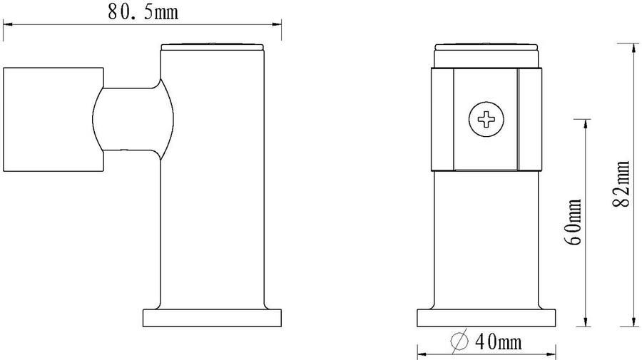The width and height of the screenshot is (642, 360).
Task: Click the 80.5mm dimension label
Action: click(x=143, y=12)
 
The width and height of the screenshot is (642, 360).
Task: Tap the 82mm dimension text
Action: click(x=622, y=184)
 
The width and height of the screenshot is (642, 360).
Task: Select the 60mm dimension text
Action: click(x=574, y=222)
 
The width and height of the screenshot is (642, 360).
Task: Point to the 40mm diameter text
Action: click(x=499, y=341)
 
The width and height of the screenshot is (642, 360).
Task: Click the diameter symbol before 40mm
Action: click(x=459, y=341)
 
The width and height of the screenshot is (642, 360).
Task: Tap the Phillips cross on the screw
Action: click(x=486, y=120)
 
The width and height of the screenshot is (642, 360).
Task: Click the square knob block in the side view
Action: click(x=53, y=120)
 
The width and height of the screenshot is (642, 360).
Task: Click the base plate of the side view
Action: click(x=212, y=318)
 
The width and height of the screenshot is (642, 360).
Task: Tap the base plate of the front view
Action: click(x=486, y=318)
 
